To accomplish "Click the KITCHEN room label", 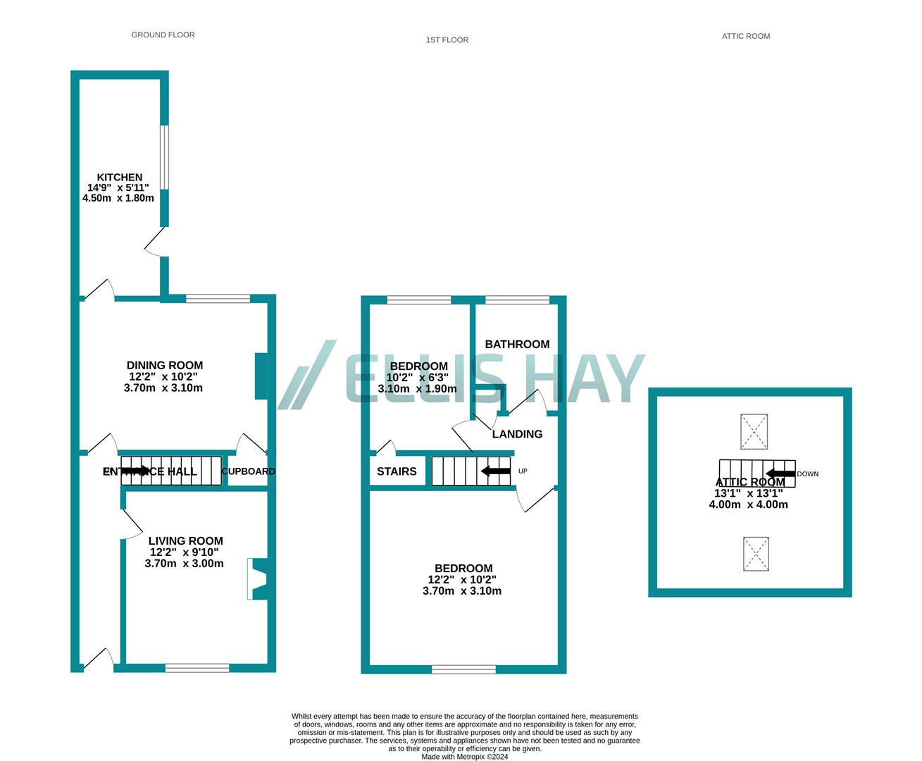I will pyautogui.click(x=119, y=178).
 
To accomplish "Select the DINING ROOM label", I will pyautogui.click(x=164, y=365).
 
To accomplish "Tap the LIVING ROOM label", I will pyautogui.click(x=185, y=541).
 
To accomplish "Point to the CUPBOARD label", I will pyautogui.click(x=248, y=471).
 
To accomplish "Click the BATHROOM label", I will pyautogui.click(x=517, y=344).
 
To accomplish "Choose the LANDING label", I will pyautogui.click(x=517, y=434).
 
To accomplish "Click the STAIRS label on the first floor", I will pyautogui.click(x=397, y=471).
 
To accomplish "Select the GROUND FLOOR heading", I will pyautogui.click(x=163, y=35).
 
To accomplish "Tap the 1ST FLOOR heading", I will pyautogui.click(x=447, y=40).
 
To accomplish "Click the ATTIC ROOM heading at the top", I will pyautogui.click(x=745, y=36).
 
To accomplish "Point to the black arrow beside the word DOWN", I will pyautogui.click(x=780, y=474).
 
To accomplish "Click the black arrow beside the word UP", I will pyautogui.click(x=496, y=471).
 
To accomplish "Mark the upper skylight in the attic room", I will pyautogui.click(x=754, y=432).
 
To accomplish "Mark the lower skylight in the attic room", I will pyautogui.click(x=756, y=554).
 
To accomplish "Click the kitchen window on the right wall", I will pyautogui.click(x=163, y=158).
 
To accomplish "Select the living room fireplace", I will pyautogui.click(x=257, y=579).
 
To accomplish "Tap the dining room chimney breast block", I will pyautogui.click(x=260, y=376).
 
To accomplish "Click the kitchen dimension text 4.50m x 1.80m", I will pyautogui.click(x=118, y=198).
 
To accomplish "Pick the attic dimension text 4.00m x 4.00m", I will pyautogui.click(x=748, y=505).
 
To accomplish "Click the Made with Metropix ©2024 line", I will pyautogui.click(x=464, y=757).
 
